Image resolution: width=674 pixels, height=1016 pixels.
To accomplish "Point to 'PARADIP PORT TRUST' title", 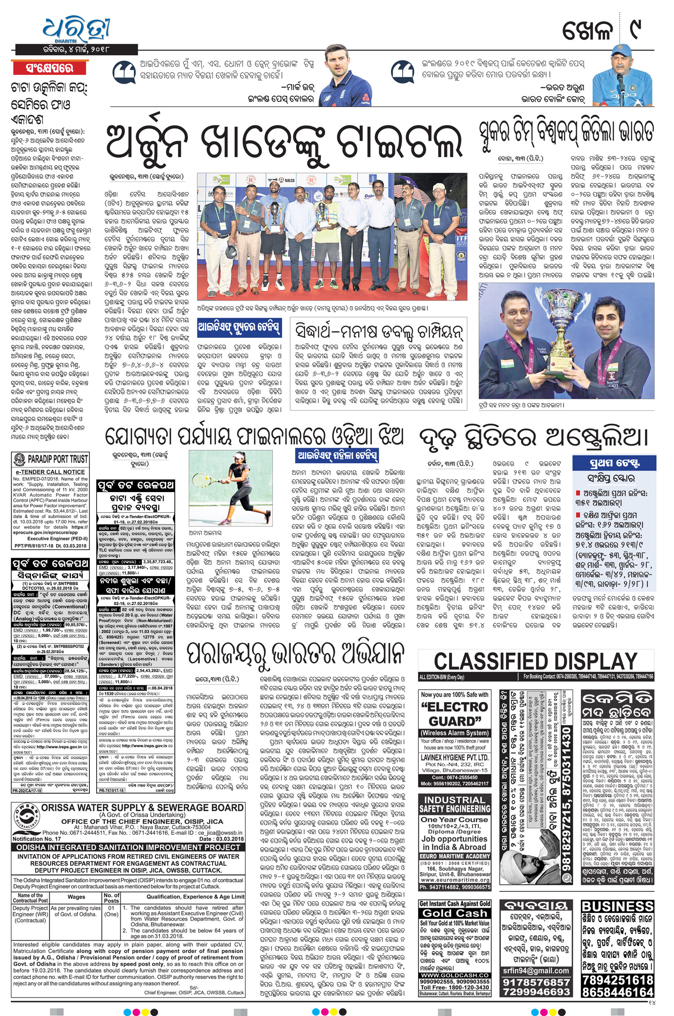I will coord(58,459).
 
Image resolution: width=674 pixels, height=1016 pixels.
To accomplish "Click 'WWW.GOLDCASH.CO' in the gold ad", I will coord(454,975).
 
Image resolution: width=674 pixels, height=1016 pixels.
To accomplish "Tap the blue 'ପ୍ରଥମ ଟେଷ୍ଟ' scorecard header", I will coord(614,463).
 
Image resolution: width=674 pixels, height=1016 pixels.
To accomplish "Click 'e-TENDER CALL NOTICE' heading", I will coord(50,472).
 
